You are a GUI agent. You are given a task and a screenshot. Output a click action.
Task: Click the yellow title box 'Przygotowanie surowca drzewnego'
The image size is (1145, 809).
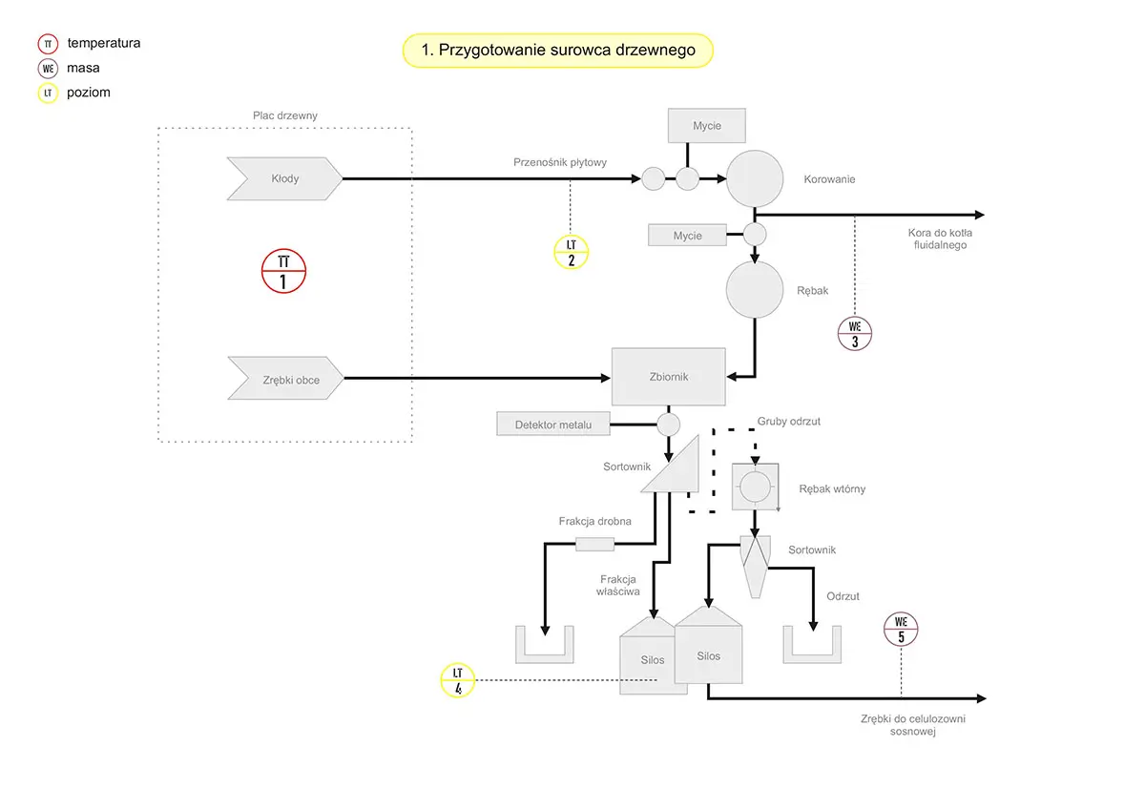[x=558, y=51]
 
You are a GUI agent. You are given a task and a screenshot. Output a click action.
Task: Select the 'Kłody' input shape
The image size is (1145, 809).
[x=284, y=178]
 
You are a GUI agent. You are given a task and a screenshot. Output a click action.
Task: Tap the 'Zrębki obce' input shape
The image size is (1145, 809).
[x=286, y=379]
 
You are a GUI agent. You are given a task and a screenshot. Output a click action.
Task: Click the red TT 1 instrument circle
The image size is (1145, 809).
[x=282, y=271]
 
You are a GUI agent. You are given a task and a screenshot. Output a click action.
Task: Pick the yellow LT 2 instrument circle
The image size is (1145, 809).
[x=571, y=252]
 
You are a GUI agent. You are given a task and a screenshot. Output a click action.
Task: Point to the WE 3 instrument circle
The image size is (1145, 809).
[x=854, y=333]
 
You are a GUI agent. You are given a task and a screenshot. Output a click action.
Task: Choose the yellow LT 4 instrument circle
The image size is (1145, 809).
[x=458, y=680]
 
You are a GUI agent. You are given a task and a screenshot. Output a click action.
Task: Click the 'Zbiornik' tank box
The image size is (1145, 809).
[x=668, y=377]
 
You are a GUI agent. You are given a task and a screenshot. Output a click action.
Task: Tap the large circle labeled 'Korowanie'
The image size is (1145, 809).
[x=755, y=178]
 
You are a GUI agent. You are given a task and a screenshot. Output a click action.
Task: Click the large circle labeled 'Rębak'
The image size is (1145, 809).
[x=755, y=290]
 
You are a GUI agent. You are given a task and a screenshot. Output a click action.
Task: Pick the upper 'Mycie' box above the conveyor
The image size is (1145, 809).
[x=706, y=126]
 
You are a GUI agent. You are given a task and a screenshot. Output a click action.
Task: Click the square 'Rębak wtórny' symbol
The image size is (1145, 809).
[x=754, y=487]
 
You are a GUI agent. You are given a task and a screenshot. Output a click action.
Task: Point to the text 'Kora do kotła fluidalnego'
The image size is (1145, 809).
[x=940, y=239]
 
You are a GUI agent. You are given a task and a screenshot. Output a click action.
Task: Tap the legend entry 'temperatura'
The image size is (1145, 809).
[x=104, y=43]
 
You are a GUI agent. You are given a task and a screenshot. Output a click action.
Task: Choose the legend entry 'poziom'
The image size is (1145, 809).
[x=89, y=93]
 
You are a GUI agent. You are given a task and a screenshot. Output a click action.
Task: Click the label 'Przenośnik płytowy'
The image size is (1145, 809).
[x=560, y=162]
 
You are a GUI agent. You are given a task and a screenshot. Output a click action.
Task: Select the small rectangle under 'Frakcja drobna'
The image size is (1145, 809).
[x=594, y=544]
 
